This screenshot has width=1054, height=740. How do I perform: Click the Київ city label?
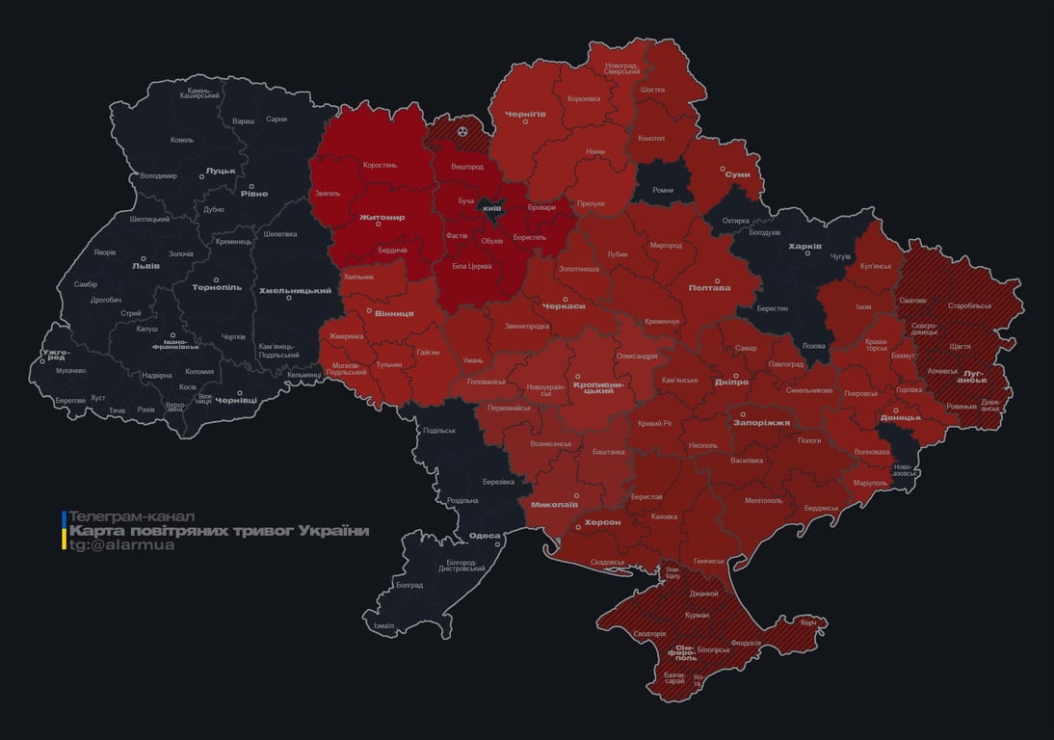point(491,207)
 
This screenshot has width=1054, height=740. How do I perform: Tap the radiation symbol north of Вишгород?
point(462,129)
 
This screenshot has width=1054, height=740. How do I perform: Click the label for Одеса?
point(485,536)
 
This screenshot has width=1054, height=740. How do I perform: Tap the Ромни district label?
point(663,190)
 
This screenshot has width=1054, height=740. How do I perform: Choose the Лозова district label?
point(814,345)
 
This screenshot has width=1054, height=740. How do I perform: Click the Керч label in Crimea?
point(808,622)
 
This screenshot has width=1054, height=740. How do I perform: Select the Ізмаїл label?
point(383,625)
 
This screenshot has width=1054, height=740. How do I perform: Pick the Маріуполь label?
point(869,482)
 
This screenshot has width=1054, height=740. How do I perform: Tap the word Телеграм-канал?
point(132,516)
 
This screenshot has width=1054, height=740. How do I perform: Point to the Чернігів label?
point(526,114)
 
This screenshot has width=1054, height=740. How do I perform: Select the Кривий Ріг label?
point(654,423)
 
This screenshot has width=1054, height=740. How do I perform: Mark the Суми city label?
point(738,174)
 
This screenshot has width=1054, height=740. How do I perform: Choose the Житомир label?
point(382,218)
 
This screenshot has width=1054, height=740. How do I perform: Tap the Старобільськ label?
point(969,305)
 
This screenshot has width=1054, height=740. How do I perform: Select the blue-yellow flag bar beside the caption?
point(65,531)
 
